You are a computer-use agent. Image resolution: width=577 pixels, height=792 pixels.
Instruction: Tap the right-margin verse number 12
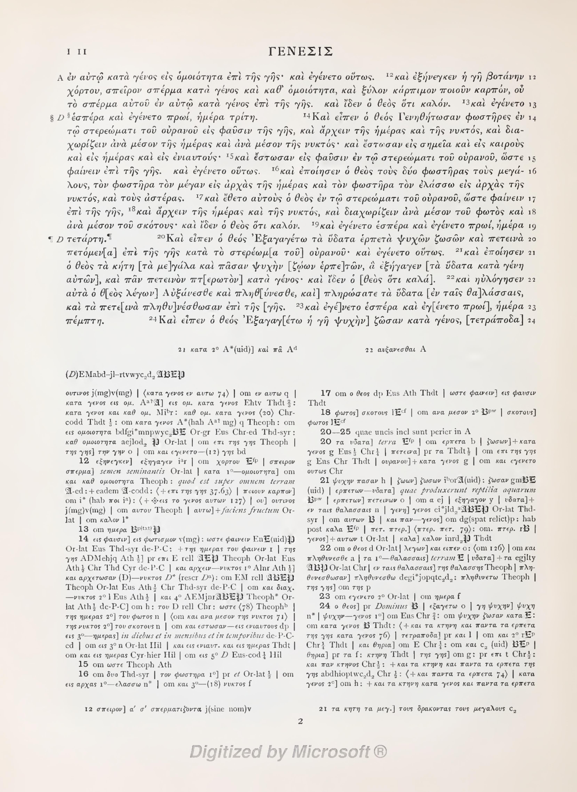pos(532,77)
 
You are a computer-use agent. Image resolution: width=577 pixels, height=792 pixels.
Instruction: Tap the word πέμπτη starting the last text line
pos(85,320)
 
